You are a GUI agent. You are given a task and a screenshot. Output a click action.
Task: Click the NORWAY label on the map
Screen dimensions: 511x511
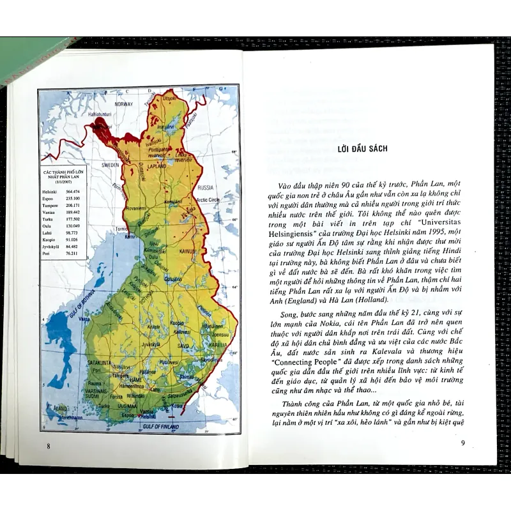coord(124,103)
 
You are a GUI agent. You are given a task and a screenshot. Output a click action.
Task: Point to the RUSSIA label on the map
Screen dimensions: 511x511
coord(205,188)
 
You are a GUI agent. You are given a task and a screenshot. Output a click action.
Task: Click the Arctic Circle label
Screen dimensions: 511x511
coord(208,199)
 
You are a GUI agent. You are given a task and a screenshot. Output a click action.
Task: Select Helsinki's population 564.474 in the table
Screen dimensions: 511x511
coord(72,192)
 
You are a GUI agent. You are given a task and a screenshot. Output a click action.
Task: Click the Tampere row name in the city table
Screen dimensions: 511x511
coord(51,205)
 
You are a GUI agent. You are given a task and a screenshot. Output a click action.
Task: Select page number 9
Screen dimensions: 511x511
coord(463,443)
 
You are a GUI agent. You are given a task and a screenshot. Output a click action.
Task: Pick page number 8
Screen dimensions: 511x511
coord(49,445)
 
